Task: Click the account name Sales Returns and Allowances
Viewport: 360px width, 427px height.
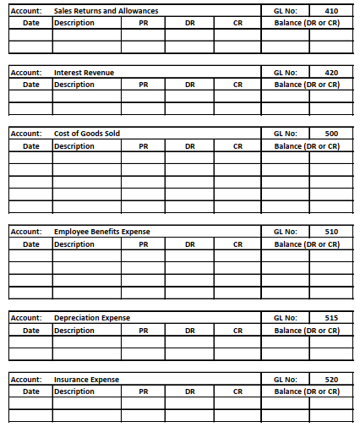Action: point(106,10)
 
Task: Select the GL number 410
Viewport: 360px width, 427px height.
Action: point(331,10)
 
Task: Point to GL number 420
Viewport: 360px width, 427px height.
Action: point(331,74)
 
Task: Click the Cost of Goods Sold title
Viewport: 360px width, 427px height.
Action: point(87,134)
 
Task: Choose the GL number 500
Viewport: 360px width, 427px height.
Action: point(331,134)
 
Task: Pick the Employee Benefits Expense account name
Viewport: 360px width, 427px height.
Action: point(102,232)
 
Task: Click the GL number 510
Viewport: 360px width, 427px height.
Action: point(331,232)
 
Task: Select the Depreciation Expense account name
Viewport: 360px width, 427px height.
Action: point(92,318)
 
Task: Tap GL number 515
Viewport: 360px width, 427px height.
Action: point(331,318)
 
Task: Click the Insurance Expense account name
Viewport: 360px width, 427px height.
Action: point(86,380)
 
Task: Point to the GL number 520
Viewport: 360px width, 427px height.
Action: point(331,380)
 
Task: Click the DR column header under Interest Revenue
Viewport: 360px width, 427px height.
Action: point(190,85)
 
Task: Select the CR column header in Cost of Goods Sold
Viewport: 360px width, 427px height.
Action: point(237,146)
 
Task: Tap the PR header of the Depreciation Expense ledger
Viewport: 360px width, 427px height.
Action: point(144,331)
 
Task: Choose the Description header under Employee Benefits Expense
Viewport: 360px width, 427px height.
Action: point(74,244)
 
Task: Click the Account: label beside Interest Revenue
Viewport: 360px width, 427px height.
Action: point(26,74)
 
